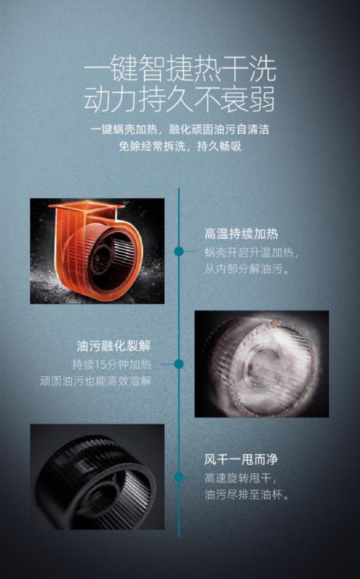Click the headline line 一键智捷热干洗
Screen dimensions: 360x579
pyautogui.click(x=180, y=70)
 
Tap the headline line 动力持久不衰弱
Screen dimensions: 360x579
pyautogui.click(x=180, y=99)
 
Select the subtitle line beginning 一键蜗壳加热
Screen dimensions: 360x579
pyautogui.click(x=180, y=129)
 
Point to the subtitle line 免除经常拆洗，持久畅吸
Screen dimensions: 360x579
pyautogui.click(x=180, y=146)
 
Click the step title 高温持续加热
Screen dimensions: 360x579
pyautogui.click(x=241, y=234)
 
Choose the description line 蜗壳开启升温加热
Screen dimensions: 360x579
pyautogui.click(x=251, y=253)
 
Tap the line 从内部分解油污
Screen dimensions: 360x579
pyautogui.click(x=247, y=269)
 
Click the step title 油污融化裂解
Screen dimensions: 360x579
pyautogui.click(x=114, y=346)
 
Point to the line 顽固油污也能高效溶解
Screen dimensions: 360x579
pyautogui.click(x=96, y=381)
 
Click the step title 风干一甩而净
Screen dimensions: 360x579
pyautogui.click(x=241, y=460)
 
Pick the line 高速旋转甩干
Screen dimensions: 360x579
pyautogui.click(x=240, y=478)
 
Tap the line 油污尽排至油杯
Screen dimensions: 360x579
pyautogui.click(x=247, y=495)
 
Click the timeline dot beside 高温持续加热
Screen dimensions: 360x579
pyautogui.click(x=179, y=251)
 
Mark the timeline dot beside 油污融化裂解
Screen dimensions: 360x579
pyautogui.click(x=179, y=364)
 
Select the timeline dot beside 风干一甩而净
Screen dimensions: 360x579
pyautogui.click(x=179, y=477)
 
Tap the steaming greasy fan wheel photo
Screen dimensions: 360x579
pyautogui.click(x=262, y=364)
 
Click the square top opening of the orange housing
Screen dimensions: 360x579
pyautogui.click(x=87, y=207)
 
